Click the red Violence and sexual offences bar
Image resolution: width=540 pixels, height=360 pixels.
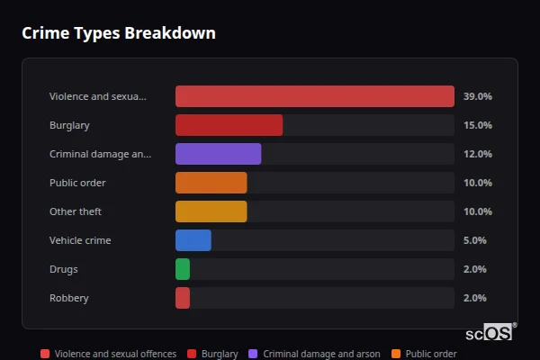[314, 96]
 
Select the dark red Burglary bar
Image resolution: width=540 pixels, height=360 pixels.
[229, 125]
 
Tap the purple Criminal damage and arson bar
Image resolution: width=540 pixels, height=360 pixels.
[218, 154]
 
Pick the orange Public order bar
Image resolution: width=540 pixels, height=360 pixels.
[211, 183]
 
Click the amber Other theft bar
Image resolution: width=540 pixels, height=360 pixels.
[211, 211]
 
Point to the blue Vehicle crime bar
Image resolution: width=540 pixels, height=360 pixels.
[193, 240]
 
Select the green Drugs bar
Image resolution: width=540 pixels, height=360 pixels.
[183, 269]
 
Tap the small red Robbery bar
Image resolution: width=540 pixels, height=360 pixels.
[183, 298]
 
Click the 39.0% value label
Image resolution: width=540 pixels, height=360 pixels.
[477, 96]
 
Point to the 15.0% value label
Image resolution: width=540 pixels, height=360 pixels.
[477, 125]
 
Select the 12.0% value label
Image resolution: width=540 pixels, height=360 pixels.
[477, 154]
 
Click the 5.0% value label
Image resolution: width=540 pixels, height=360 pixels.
[474, 240]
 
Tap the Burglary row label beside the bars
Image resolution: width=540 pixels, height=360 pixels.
[69, 125]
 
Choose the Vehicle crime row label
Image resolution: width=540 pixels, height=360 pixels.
[80, 240]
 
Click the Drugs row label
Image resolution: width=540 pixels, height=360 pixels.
[64, 269]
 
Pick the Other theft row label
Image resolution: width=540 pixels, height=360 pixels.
[76, 211]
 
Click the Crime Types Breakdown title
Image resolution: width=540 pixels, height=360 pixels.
[119, 33]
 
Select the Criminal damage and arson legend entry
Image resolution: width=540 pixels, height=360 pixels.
[315, 354]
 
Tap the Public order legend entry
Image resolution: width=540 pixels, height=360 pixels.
[425, 354]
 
